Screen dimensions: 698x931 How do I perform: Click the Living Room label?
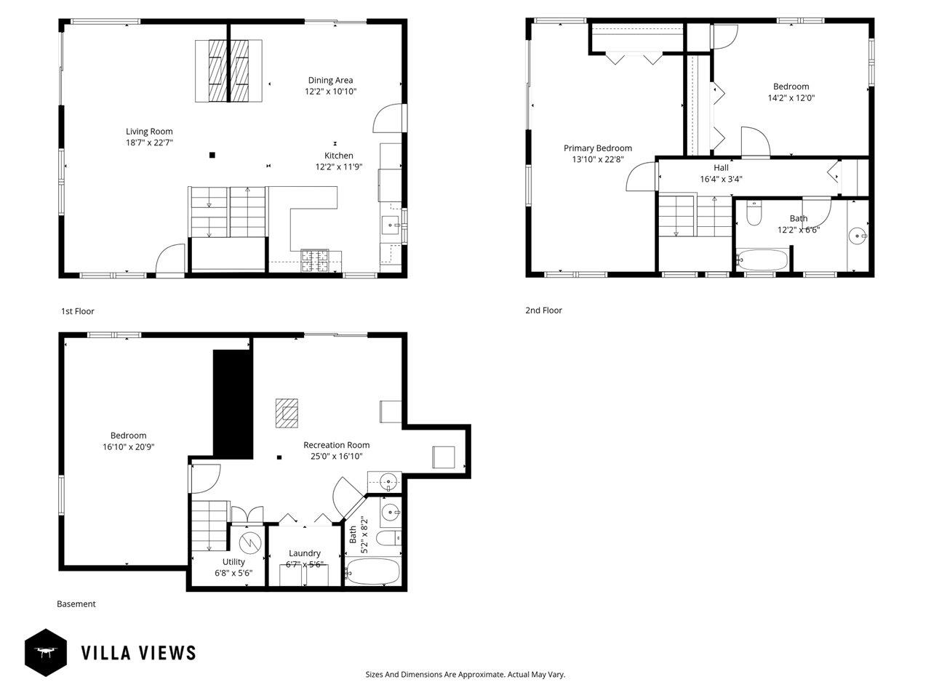(149, 132)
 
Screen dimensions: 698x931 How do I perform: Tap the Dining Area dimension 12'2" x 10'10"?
(330, 92)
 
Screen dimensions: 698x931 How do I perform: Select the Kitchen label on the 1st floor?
(338, 156)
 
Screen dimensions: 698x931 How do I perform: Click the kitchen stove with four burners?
(315, 261)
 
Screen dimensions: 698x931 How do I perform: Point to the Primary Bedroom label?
(597, 148)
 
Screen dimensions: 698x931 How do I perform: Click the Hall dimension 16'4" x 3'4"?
(721, 179)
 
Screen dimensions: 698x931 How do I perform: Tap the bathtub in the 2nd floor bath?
(762, 260)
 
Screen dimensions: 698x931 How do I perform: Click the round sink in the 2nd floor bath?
(858, 236)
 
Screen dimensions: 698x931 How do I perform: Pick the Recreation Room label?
(336, 445)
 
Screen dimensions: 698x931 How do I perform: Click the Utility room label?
(233, 562)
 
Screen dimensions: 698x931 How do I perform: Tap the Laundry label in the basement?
(304, 553)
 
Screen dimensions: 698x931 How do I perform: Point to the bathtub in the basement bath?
(372, 571)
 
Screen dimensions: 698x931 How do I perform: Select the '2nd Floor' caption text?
(543, 310)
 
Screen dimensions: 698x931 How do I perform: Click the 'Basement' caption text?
(76, 604)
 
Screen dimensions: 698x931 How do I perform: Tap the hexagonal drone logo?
(46, 652)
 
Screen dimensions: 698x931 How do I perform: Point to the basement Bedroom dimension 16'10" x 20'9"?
(128, 448)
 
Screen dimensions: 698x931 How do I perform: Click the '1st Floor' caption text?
(77, 311)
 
